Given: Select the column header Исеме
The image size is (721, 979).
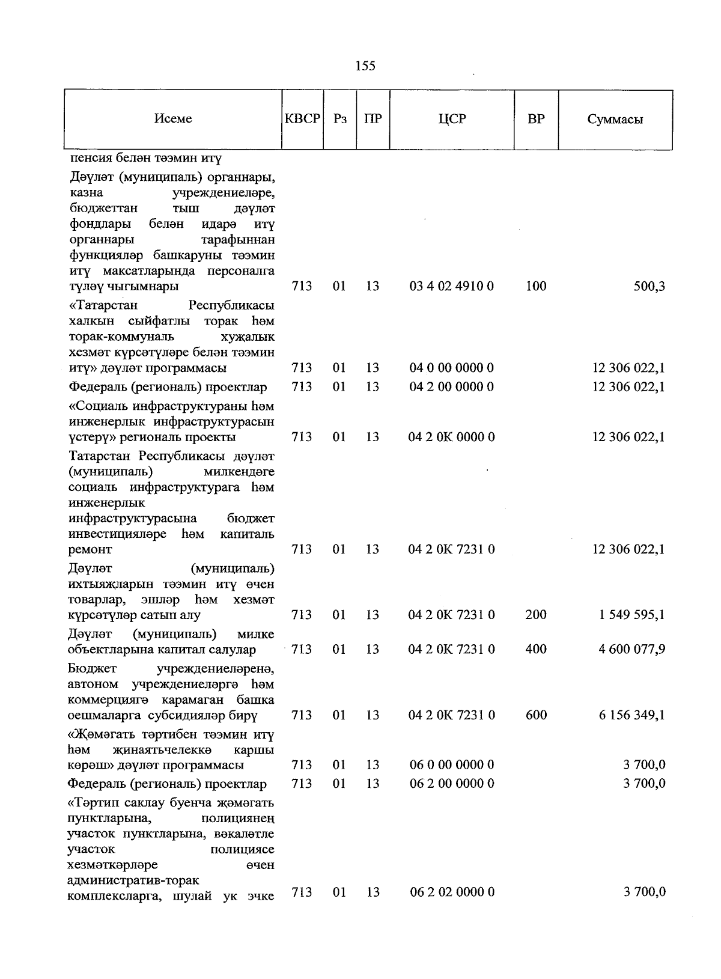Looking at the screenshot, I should click(173, 119).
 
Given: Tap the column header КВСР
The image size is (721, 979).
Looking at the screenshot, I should click(302, 119).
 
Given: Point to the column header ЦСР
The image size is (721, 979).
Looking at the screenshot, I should click(452, 119).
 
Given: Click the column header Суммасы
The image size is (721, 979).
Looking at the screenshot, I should click(615, 119).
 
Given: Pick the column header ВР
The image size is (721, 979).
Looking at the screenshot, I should click(536, 119).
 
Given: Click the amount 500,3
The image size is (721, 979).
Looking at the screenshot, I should click(650, 286).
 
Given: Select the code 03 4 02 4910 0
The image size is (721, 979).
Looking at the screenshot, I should click(452, 286).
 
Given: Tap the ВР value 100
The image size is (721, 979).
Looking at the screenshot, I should click(536, 286).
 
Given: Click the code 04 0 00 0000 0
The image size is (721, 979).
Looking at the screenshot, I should click(452, 368).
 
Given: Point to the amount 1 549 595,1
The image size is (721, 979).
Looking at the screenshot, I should click(631, 615).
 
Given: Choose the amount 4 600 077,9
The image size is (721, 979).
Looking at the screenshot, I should click(631, 649).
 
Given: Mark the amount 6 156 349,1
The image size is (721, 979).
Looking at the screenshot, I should click(631, 715).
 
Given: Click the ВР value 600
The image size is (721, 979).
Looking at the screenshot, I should click(536, 715).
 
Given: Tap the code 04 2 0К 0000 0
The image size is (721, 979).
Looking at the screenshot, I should click(452, 437).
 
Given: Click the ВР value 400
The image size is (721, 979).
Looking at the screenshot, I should click(536, 649).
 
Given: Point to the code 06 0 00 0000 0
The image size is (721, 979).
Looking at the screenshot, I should click(452, 765).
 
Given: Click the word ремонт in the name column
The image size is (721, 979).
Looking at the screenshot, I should click(91, 549).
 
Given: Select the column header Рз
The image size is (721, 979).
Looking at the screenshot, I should click(340, 119).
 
